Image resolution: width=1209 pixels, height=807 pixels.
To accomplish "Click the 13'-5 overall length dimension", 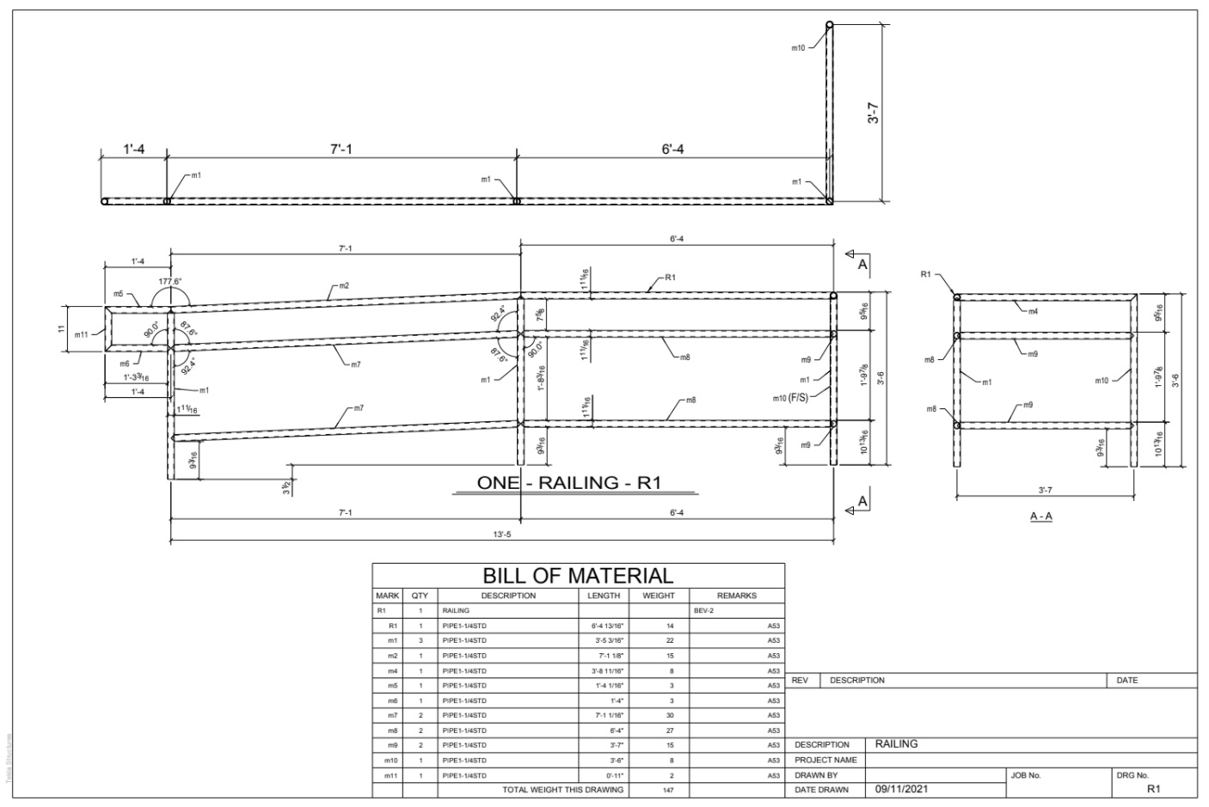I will click(502, 534).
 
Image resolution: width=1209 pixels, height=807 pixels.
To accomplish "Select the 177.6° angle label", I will click(170, 281).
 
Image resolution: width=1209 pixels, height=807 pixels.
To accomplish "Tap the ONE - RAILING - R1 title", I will click(568, 483).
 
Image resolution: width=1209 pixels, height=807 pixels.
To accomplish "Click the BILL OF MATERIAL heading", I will click(578, 576).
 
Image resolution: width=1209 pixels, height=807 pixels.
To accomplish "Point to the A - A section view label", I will click(1041, 517).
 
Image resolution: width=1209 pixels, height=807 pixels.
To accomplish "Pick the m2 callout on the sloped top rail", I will click(343, 285).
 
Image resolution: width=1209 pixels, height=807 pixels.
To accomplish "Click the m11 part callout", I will click(82, 334).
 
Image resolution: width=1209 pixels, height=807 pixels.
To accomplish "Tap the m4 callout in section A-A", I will click(1032, 311).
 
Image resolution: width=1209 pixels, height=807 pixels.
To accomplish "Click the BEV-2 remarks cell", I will click(704, 610).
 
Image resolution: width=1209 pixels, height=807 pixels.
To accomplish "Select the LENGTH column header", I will click(603, 595).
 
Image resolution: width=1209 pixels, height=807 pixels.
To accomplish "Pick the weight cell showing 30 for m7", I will click(670, 715).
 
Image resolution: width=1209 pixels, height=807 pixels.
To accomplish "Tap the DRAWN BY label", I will click(816, 775).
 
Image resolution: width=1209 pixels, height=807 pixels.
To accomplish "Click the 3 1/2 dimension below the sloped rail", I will click(285, 486).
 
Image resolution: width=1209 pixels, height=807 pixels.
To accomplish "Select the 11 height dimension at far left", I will click(63, 328).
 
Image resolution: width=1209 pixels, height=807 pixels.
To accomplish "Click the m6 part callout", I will click(125, 364).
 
